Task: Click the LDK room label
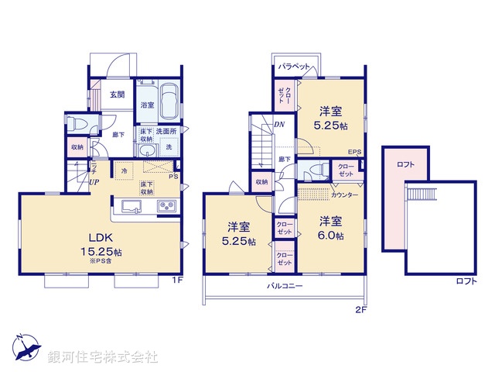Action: point(101,236)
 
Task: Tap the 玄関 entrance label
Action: point(117,95)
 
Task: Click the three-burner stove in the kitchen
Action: point(167,206)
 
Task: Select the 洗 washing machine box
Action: point(169,145)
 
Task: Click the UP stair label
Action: point(94,183)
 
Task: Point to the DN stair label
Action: point(278,124)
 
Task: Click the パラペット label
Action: point(295,67)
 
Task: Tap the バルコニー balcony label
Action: point(285,286)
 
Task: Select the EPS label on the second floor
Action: point(355,152)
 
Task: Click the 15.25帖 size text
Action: point(101,252)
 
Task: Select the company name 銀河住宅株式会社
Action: point(102,357)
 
